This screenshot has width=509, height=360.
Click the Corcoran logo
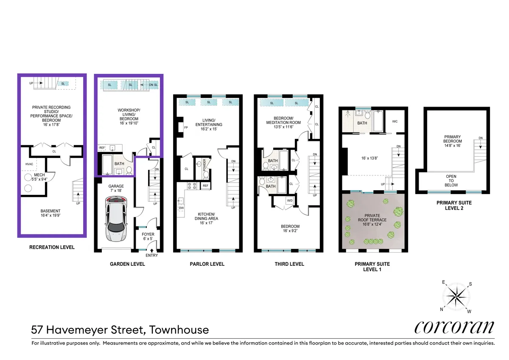click(x=454, y=327)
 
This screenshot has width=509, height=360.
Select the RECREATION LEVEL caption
click(x=52, y=247)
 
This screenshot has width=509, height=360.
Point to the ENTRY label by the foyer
click(x=151, y=255)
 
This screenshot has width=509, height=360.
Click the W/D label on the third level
click(x=290, y=200)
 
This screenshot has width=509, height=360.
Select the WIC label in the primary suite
click(x=395, y=121)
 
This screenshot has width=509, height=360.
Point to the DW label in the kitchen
click(x=181, y=208)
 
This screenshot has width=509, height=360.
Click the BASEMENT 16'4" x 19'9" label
click(x=50, y=214)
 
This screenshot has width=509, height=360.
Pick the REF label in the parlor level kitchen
click(x=205, y=186)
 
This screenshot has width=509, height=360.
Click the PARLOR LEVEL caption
click(x=207, y=264)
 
